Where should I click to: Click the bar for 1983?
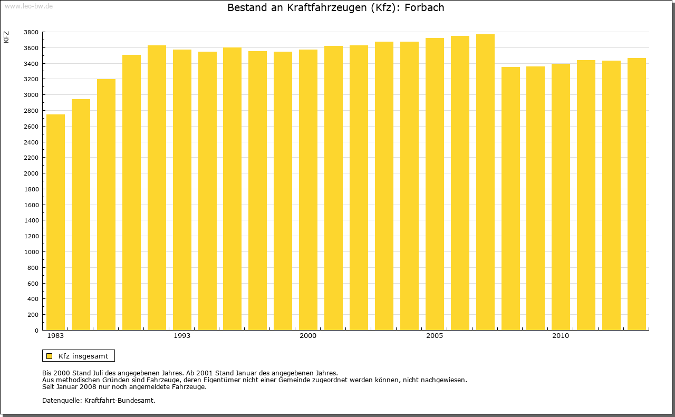tap(55, 222)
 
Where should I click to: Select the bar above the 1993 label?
tap(182, 190)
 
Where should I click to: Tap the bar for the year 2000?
tap(308, 190)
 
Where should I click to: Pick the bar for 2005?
tap(435, 184)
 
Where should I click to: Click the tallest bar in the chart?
tap(485, 182)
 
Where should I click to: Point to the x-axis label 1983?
tap(55, 336)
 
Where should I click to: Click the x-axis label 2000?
tap(308, 336)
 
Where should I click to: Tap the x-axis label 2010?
tap(561, 336)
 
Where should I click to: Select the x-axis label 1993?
tap(182, 336)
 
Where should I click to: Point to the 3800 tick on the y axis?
tap(31, 32)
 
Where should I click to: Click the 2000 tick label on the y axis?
tap(31, 173)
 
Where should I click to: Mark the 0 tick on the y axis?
tap(36, 331)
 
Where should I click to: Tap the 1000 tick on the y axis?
tap(31, 252)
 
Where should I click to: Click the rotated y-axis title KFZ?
tap(6, 37)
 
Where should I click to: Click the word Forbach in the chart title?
tap(424, 8)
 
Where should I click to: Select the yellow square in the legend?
tap(50, 356)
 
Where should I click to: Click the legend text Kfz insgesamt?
tap(83, 356)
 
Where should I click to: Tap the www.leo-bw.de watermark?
tap(28, 5)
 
